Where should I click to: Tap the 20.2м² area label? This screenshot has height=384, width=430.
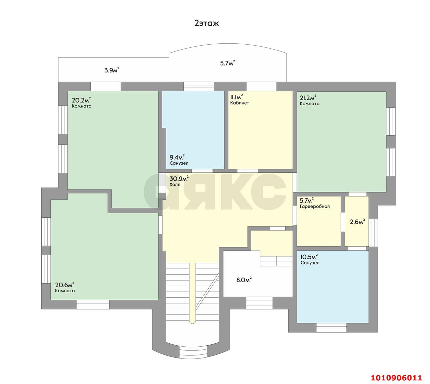click(x=81, y=100)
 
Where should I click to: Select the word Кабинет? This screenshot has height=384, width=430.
click(x=240, y=103)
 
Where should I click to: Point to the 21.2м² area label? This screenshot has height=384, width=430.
click(x=308, y=98)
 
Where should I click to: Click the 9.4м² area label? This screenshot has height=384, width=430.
click(x=177, y=157)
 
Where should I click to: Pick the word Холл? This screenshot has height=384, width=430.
click(x=175, y=184)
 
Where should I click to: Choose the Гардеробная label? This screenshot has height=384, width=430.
click(x=314, y=206)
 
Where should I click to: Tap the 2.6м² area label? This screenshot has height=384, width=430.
click(x=357, y=222)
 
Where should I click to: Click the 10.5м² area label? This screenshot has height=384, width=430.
click(x=309, y=257)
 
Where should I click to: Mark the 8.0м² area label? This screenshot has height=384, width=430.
click(x=244, y=280)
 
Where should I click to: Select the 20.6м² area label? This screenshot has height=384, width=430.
click(x=65, y=285)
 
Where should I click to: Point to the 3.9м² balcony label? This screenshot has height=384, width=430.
click(x=112, y=70)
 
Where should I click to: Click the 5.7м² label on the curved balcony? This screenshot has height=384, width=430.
click(x=227, y=63)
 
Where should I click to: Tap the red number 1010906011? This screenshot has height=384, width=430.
click(x=396, y=377)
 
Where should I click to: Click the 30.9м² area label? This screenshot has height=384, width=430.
click(x=179, y=179)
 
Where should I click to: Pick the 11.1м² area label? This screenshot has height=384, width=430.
click(x=236, y=97)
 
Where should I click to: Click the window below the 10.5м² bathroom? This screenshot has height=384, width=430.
click(x=331, y=328)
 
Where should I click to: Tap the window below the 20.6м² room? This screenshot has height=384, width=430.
click(x=93, y=304)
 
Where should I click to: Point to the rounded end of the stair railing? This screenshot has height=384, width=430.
click(x=192, y=322)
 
